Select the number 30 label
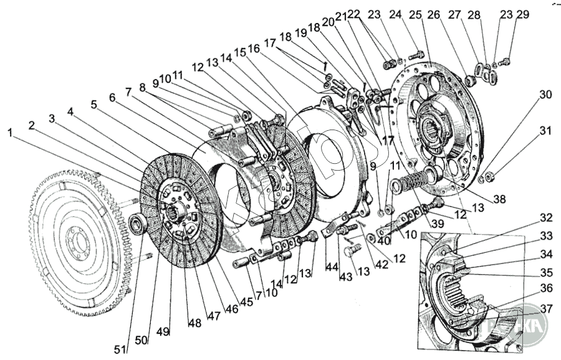[546, 95]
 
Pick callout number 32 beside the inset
[546, 218]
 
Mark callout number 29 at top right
[522, 14]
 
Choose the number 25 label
[433, 14]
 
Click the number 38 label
[499, 201]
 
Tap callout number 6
[112, 97]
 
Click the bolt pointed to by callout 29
[505, 61]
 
